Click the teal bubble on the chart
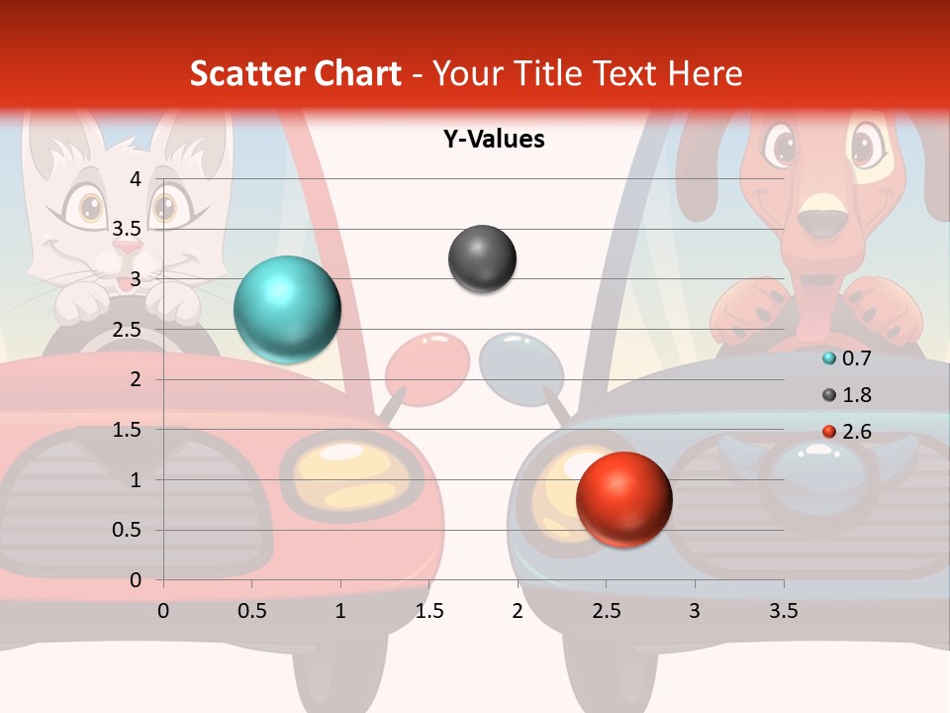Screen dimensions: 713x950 coord(287,309)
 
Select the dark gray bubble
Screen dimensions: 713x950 coord(482,259)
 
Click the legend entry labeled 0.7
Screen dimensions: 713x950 coord(856,358)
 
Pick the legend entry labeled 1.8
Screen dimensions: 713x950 coord(856,395)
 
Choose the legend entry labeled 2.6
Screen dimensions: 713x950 coord(856,432)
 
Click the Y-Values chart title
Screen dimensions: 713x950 coord(493,140)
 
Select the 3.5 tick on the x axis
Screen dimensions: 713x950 coord(784,611)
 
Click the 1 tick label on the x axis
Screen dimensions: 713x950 coord(340,611)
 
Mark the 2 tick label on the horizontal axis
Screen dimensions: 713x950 coord(518,611)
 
